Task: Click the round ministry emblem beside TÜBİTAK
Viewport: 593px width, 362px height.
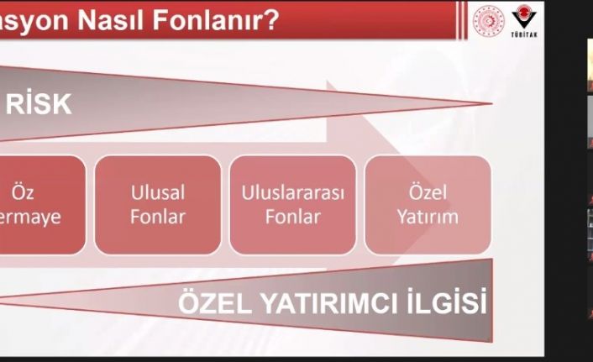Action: pyautogui.click(x=488, y=19)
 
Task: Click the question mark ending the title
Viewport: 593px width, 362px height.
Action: pyautogui.click(x=270, y=18)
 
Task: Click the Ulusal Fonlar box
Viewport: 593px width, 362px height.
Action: pyautogui.click(x=158, y=205)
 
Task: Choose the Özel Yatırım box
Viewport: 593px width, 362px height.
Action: pyautogui.click(x=428, y=205)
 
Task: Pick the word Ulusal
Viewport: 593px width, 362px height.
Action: pyautogui.click(x=158, y=193)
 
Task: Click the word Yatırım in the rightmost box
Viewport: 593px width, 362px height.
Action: pyautogui.click(x=428, y=217)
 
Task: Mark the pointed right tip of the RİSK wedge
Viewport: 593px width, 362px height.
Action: pyautogui.click(x=489, y=105)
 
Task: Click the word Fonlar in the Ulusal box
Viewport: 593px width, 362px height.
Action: pyautogui.click(x=158, y=217)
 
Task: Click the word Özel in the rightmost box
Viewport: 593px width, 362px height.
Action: pyautogui.click(x=428, y=193)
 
